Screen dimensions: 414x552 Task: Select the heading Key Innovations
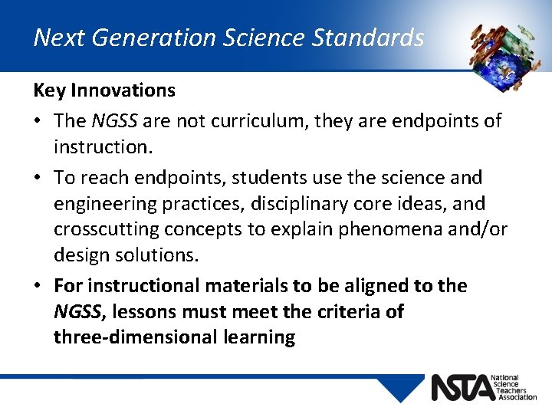(104, 90)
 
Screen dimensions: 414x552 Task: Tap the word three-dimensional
(136, 338)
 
